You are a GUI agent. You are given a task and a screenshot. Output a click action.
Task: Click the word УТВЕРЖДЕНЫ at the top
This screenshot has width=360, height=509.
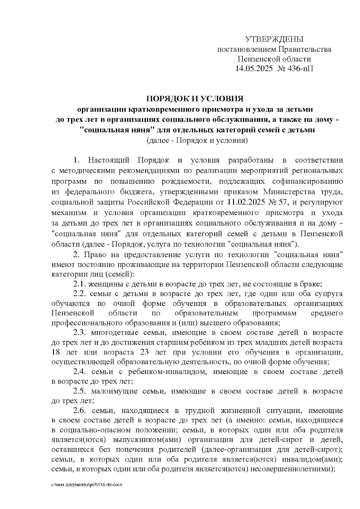(x=274, y=39)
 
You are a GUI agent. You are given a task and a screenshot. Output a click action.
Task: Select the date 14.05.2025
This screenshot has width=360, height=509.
(x=254, y=69)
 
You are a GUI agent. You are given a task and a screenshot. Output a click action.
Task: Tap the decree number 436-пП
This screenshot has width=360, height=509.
(x=301, y=69)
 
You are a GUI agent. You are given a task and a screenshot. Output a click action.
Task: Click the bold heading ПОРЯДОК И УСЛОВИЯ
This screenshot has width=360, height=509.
(x=195, y=99)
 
